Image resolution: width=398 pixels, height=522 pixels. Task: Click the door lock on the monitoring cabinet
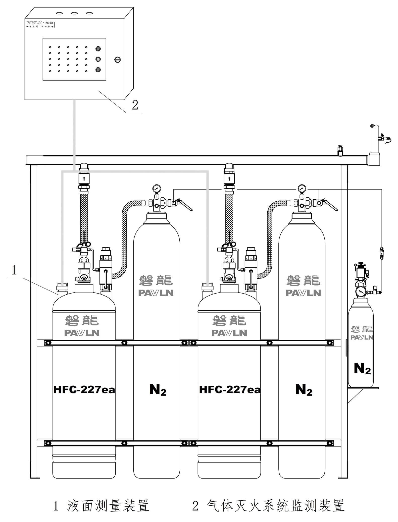(x=117, y=60)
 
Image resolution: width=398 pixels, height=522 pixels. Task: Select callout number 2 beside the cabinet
(x=135, y=105)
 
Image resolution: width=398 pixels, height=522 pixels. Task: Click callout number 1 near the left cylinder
(x=14, y=270)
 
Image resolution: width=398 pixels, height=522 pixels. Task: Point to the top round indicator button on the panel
(x=98, y=49)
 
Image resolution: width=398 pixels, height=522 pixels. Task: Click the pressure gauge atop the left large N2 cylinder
(x=156, y=188)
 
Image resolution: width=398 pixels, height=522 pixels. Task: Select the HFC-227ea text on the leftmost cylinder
(x=84, y=389)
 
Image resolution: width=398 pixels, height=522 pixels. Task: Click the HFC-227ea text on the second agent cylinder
(x=230, y=389)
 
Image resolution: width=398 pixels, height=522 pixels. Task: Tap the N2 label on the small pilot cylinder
(x=362, y=369)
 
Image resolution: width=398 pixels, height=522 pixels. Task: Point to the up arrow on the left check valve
(x=84, y=179)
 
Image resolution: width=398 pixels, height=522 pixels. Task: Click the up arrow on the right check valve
(x=229, y=179)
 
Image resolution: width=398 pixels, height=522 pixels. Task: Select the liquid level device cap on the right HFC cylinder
(x=207, y=285)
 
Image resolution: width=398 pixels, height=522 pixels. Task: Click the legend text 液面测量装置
(x=108, y=505)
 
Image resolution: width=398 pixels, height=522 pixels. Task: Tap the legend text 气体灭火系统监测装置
(x=275, y=505)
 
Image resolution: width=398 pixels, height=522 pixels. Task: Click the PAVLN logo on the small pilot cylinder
(x=362, y=338)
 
